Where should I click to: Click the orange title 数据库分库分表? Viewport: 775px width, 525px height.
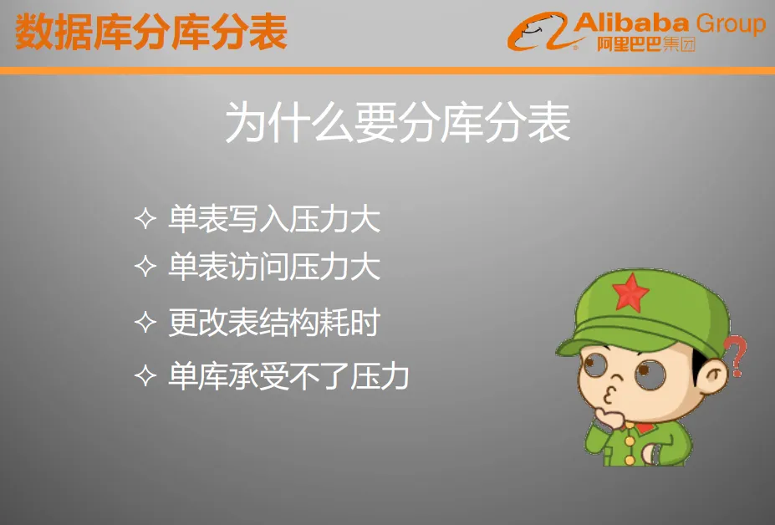[x=151, y=32]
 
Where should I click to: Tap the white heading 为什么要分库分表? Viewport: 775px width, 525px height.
[x=398, y=122]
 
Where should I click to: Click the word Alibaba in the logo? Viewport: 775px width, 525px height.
[x=631, y=23]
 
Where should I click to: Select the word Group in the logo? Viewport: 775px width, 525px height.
[x=731, y=25]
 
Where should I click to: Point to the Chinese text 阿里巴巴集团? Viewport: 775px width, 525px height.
[x=646, y=44]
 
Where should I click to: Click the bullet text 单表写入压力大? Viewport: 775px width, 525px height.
[x=274, y=219]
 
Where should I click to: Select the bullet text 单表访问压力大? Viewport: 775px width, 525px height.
[x=274, y=267]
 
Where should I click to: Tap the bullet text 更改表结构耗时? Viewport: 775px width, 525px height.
[x=274, y=323]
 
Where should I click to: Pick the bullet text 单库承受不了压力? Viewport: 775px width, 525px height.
[x=288, y=375]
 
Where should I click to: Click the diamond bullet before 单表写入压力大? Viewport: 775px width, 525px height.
[x=145, y=218]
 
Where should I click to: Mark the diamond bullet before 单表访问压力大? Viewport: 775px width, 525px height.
[x=145, y=266]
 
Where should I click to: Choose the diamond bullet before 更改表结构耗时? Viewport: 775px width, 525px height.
[x=145, y=322]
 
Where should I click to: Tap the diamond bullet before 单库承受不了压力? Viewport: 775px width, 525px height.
[x=145, y=375]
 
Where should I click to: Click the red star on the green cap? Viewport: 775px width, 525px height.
[x=630, y=293]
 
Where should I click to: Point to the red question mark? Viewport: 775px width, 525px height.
[x=736, y=355]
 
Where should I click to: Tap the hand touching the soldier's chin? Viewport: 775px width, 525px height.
[x=609, y=418]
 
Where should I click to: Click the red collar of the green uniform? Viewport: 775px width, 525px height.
[x=643, y=427]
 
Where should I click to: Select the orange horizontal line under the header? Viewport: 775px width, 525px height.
[x=388, y=71]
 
